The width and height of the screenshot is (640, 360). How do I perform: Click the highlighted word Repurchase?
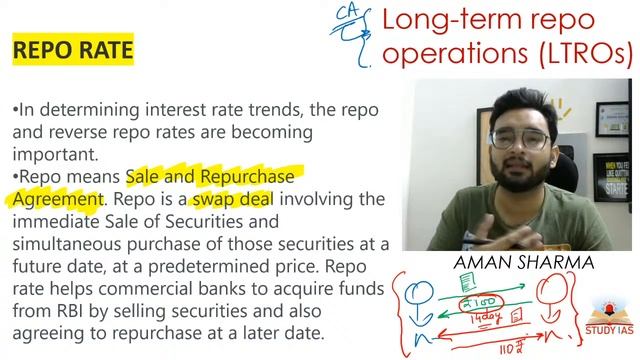pos(248,177)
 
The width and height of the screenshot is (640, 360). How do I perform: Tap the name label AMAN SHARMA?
pos(510,262)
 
